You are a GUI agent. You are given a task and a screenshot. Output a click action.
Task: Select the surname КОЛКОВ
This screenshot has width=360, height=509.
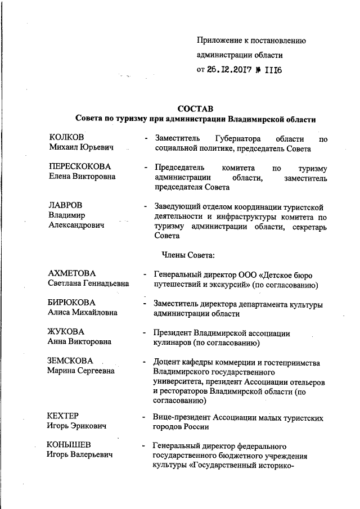(x=67, y=137)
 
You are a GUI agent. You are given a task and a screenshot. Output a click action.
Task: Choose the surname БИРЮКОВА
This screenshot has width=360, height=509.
(x=72, y=303)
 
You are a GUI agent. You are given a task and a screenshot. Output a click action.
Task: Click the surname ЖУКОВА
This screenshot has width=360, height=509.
(x=66, y=331)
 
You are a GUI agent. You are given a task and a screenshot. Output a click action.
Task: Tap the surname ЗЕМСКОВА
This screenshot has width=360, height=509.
(x=71, y=361)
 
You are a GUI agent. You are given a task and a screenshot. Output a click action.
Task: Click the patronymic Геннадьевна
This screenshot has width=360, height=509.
(x=109, y=284)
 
